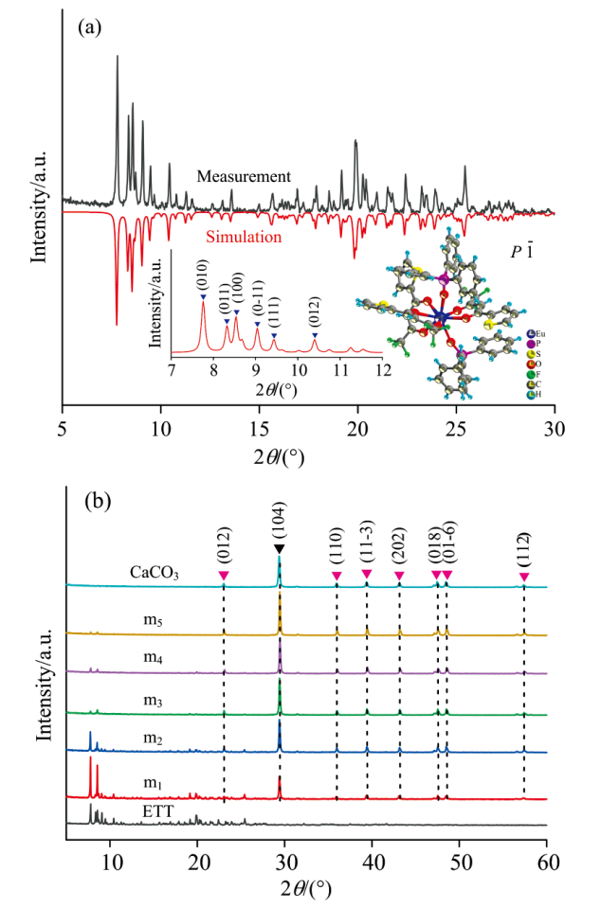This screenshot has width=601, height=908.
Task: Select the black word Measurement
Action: coord(244,176)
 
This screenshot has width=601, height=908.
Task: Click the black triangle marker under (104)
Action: coord(279,550)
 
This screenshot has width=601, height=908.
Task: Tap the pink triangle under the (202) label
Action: coord(399,576)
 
